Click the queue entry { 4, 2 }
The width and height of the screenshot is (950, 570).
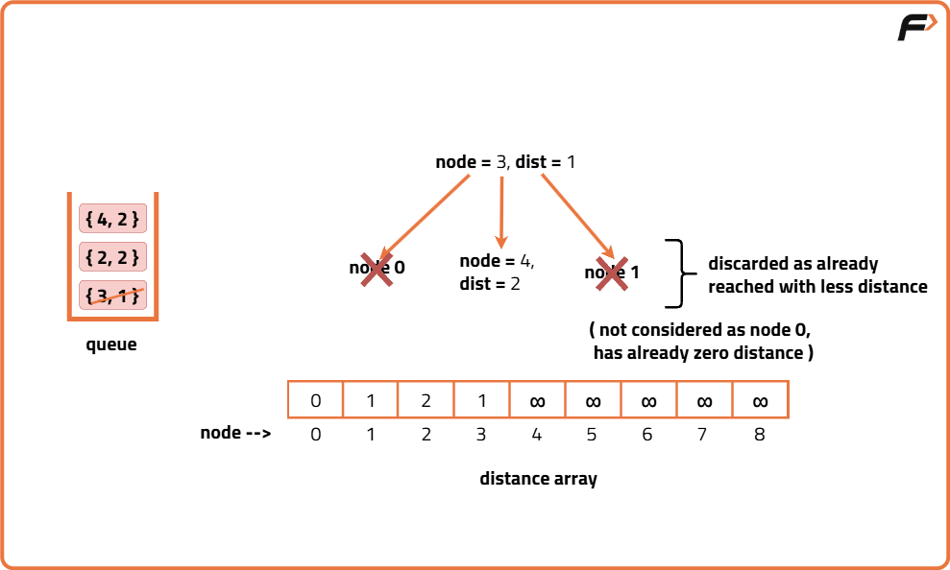click(x=112, y=219)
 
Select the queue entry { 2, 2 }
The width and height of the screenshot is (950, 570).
click(x=112, y=257)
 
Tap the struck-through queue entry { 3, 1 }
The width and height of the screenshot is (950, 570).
click(x=112, y=296)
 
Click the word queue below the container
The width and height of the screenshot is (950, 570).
click(x=111, y=344)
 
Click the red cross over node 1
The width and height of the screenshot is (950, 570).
click(x=612, y=273)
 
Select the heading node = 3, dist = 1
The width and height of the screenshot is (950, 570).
click(x=505, y=162)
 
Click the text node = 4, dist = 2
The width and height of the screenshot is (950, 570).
click(x=497, y=273)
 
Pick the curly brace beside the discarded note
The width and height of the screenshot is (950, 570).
click(x=681, y=273)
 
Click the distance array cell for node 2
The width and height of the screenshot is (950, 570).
click(x=426, y=400)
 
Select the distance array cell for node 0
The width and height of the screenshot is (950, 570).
click(x=316, y=400)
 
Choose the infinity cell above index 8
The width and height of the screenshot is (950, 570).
click(x=760, y=400)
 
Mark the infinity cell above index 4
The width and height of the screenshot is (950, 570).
click(x=538, y=400)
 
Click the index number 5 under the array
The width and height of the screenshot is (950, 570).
click(x=592, y=434)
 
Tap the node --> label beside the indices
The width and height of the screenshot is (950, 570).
click(x=235, y=433)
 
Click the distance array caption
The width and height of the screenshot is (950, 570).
click(x=538, y=478)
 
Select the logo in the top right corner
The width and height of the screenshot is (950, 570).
click(x=917, y=28)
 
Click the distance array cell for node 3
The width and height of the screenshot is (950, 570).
click(x=481, y=400)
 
